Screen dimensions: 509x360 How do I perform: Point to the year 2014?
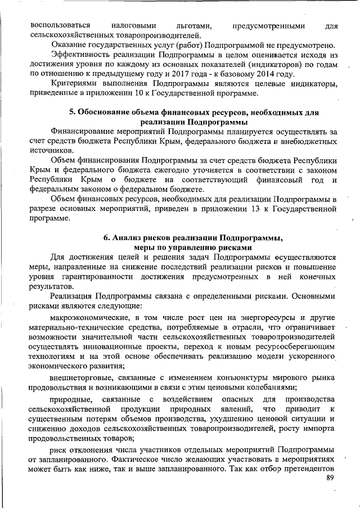pyautogui.click(x=282, y=74)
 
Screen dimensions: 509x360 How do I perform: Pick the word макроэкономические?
pyautogui.click(x=92, y=318)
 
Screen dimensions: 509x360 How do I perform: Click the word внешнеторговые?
pyautogui.click(x=82, y=376)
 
